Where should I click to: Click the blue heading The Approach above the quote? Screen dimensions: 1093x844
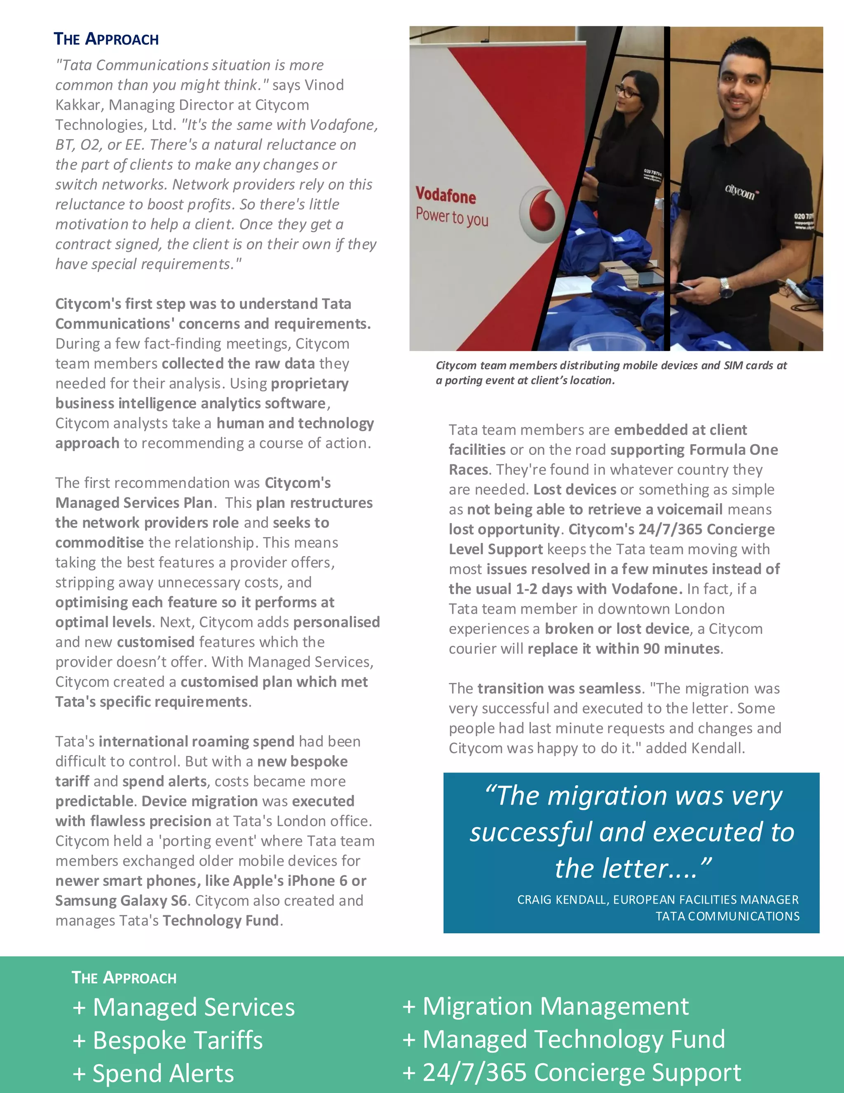pyautogui.click(x=106, y=39)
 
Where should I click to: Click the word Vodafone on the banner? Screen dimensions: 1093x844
pyautogui.click(x=445, y=195)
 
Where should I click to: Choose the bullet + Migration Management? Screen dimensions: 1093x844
pyautogui.click(x=546, y=1006)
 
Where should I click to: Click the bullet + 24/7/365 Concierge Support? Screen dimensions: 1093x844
pyautogui.click(x=572, y=1072)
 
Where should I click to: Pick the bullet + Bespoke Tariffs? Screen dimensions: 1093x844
pyautogui.click(x=167, y=1040)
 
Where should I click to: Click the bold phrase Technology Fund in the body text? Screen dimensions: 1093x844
pyautogui.click(x=220, y=920)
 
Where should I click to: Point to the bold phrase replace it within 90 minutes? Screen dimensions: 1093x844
pyautogui.click(x=624, y=649)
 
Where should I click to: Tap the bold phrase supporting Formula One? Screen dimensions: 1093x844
pyautogui.click(x=694, y=450)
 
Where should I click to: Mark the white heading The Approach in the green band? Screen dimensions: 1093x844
pyautogui.click(x=124, y=978)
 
